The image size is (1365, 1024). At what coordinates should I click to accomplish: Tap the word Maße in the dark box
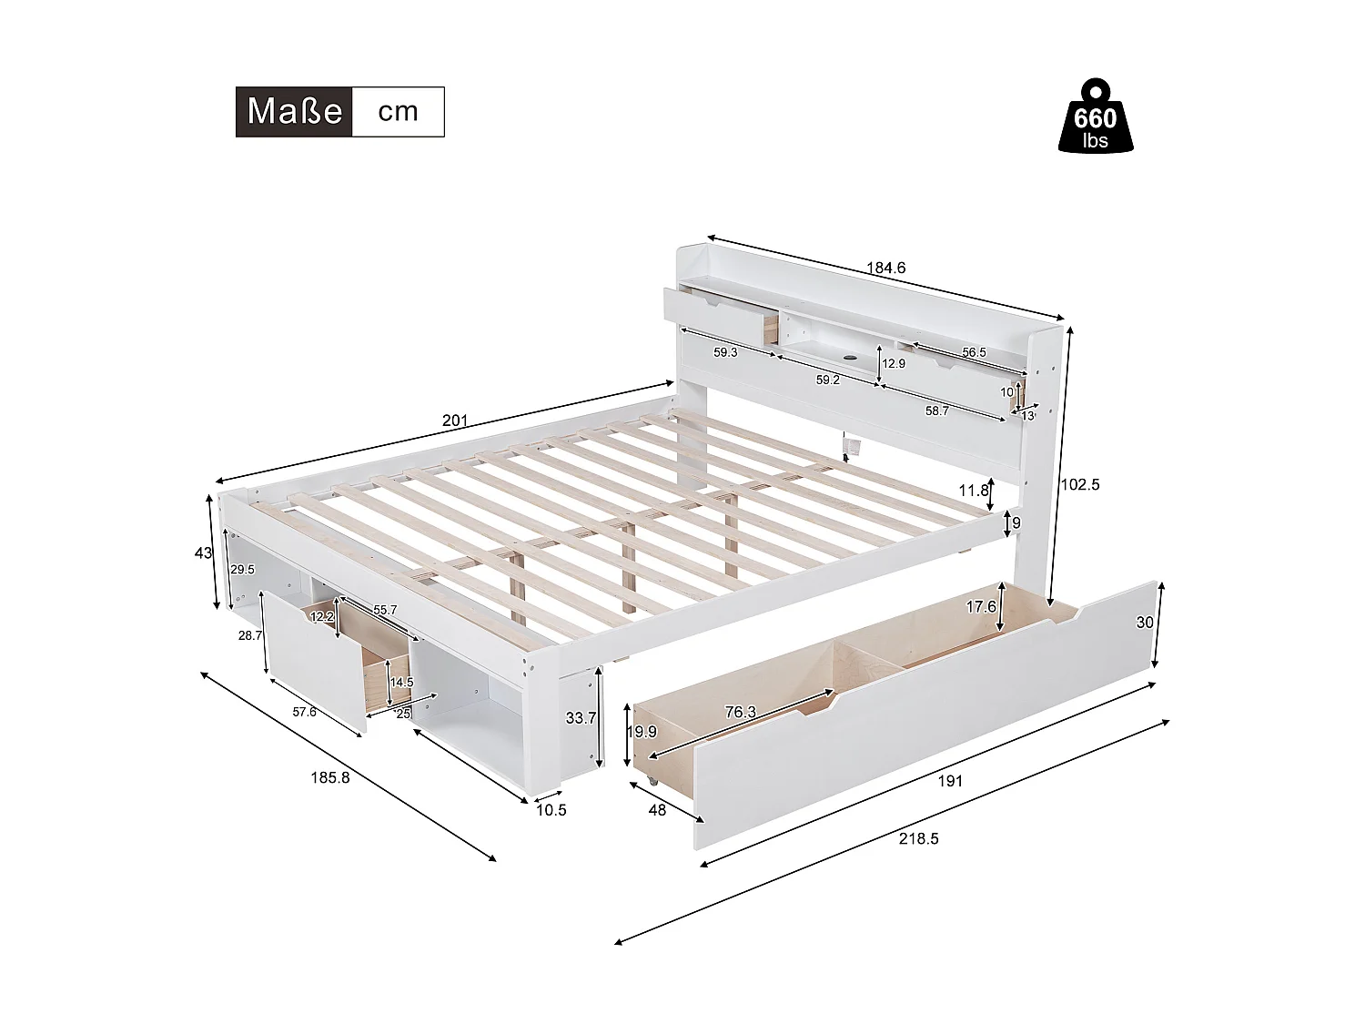(294, 112)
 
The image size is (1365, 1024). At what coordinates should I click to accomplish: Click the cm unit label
(398, 112)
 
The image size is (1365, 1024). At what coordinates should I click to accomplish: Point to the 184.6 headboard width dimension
(885, 269)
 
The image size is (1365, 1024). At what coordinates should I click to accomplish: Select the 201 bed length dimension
(454, 421)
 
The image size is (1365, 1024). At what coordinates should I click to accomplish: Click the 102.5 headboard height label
(1080, 484)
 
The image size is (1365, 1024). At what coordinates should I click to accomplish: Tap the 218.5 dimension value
(918, 838)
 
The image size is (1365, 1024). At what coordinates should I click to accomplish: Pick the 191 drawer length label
(949, 780)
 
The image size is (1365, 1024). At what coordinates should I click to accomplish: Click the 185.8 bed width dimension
(329, 777)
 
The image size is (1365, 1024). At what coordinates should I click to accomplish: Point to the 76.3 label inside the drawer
(740, 713)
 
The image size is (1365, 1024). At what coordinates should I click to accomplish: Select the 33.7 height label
(581, 718)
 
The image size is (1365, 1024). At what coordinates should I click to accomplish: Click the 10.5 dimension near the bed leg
(551, 810)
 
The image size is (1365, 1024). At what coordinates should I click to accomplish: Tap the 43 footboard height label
(203, 553)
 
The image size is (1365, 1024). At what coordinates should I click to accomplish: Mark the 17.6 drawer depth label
(981, 606)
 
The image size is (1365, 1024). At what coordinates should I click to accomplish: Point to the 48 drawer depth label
(656, 809)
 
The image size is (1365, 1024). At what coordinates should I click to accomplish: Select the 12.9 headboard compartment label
(894, 363)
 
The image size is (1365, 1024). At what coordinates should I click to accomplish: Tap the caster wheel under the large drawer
(652, 782)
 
